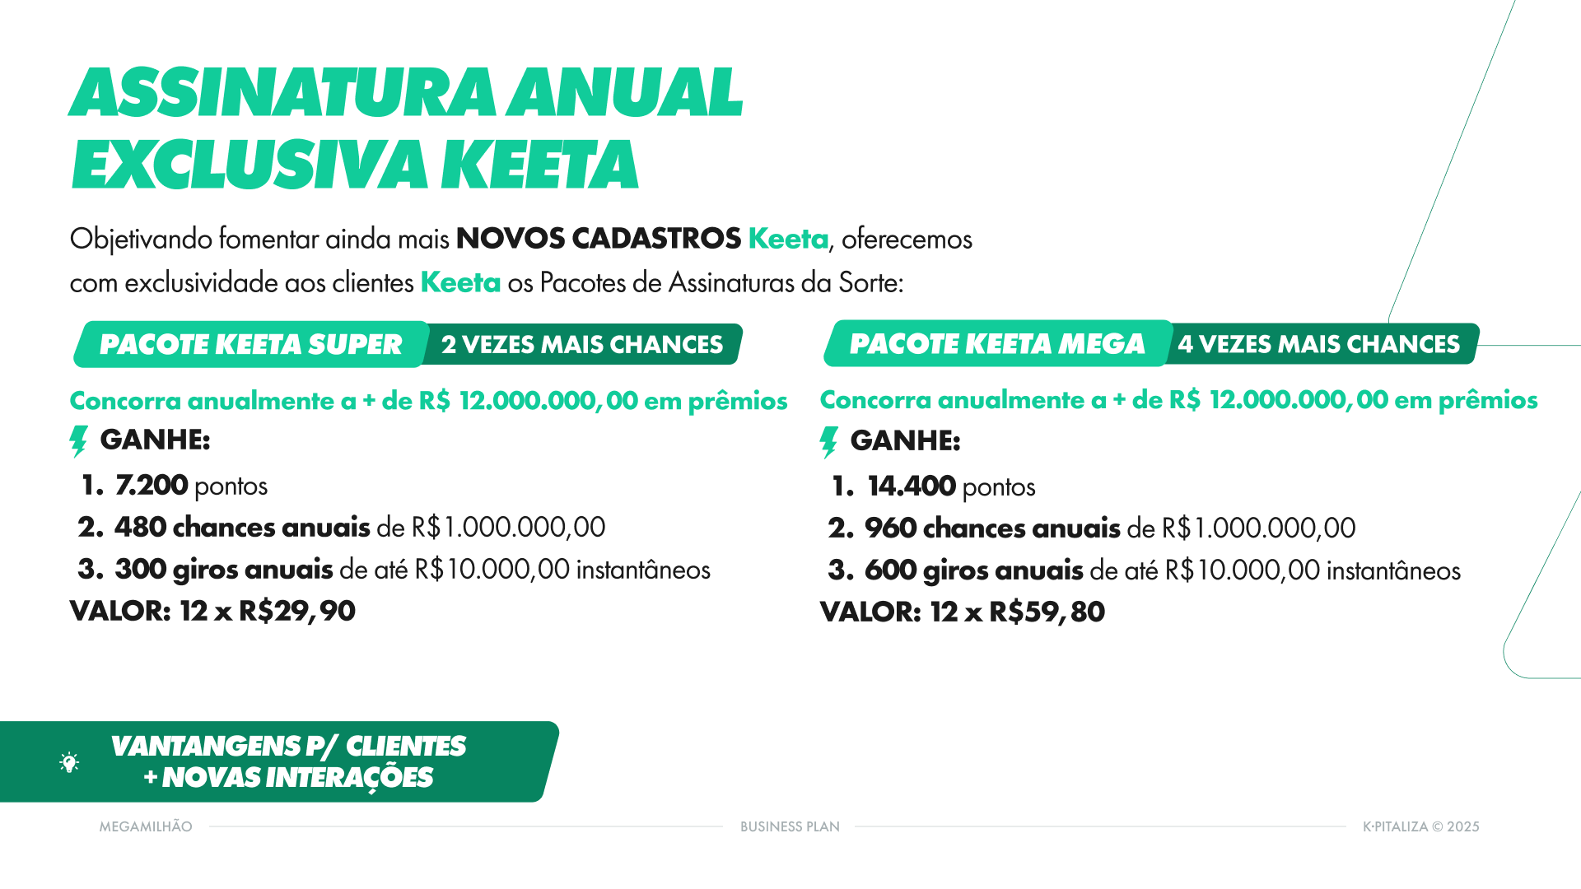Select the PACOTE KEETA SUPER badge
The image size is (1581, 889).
(250, 344)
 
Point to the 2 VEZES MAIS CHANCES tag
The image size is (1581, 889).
(581, 344)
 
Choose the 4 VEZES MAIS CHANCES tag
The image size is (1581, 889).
(1318, 344)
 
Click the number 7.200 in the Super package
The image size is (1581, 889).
(152, 486)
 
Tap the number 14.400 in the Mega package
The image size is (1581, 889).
(911, 486)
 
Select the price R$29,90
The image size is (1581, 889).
(296, 611)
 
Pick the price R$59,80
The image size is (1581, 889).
(1047, 612)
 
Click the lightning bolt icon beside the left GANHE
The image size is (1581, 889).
(78, 441)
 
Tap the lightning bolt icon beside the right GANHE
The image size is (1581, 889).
(829, 442)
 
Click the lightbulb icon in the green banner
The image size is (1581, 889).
(70, 762)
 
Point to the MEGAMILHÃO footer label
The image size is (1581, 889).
(146, 826)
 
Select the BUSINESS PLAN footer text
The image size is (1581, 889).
(790, 826)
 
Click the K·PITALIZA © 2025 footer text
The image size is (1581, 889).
(1420, 826)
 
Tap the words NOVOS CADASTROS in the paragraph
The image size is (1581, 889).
(599, 239)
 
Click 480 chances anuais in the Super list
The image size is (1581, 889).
(242, 527)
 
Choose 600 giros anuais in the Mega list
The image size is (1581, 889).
(973, 570)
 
